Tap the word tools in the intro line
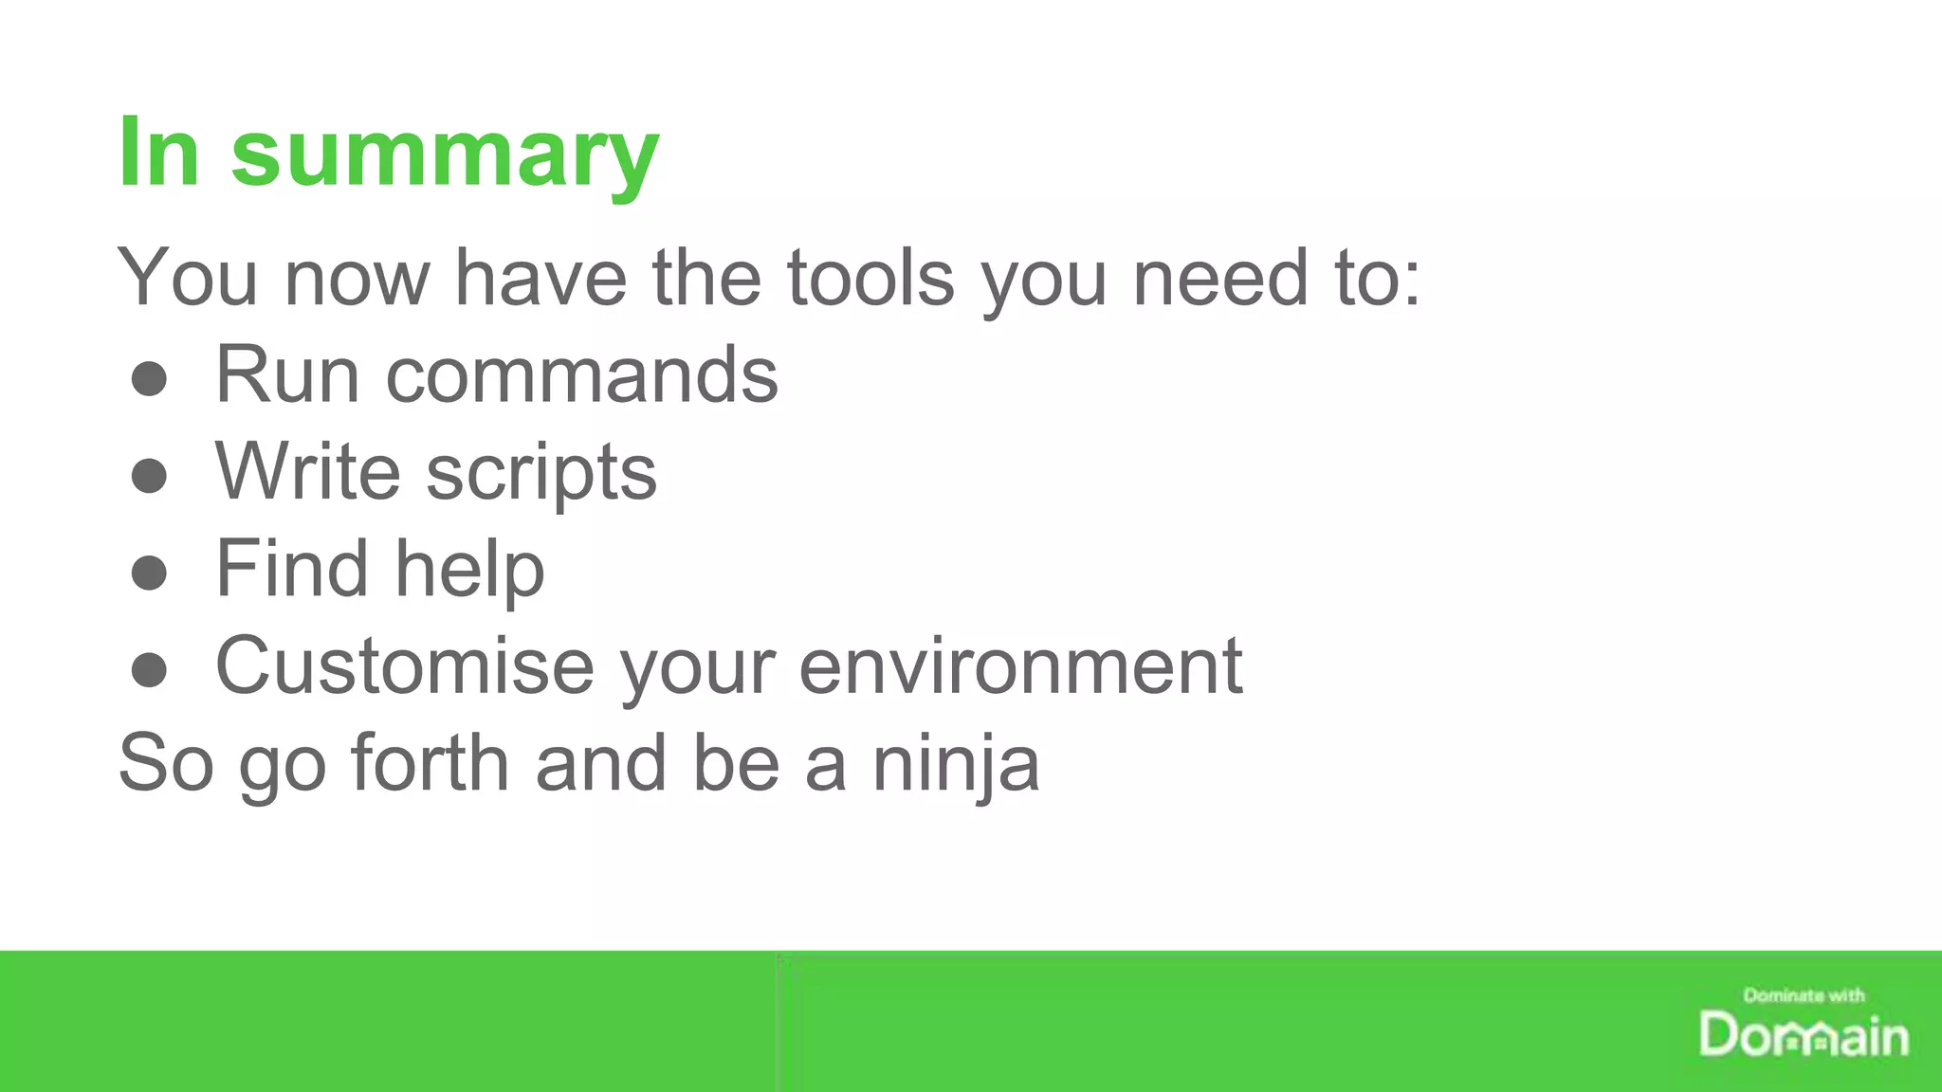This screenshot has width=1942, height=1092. (870, 277)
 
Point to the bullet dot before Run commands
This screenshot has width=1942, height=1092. (149, 379)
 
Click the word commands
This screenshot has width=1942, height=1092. (581, 374)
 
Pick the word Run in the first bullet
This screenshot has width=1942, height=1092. (287, 374)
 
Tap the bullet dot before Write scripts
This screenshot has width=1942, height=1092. (149, 476)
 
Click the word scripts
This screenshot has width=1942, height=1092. (540, 474)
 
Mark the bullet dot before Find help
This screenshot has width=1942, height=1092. (149, 573)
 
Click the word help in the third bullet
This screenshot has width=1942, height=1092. (469, 569)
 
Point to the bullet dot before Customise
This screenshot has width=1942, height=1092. (149, 670)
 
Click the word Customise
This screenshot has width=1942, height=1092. (405, 665)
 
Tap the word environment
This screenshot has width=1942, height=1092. (1020, 666)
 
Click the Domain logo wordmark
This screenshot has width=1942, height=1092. (1804, 1035)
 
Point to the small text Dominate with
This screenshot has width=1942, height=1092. (1804, 995)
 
